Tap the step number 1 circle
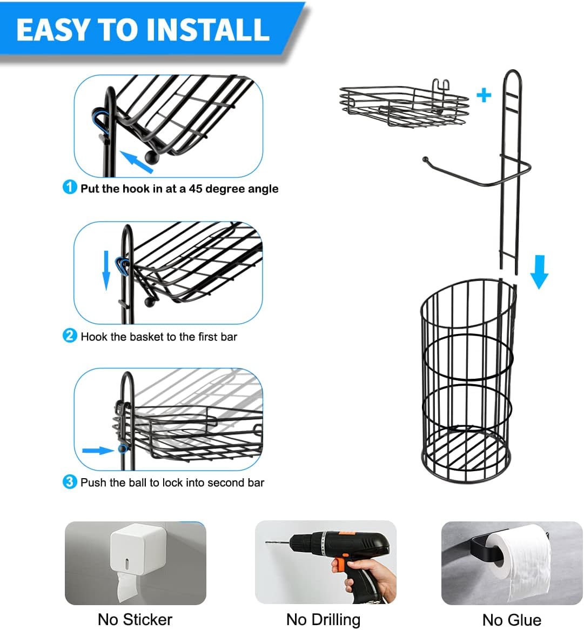70,187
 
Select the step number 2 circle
70,336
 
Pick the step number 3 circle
70,481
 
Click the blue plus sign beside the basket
484,95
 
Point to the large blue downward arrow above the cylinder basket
539,272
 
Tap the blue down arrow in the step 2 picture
106,270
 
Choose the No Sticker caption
135,619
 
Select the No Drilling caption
323,619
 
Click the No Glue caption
511,619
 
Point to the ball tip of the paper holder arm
425,159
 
